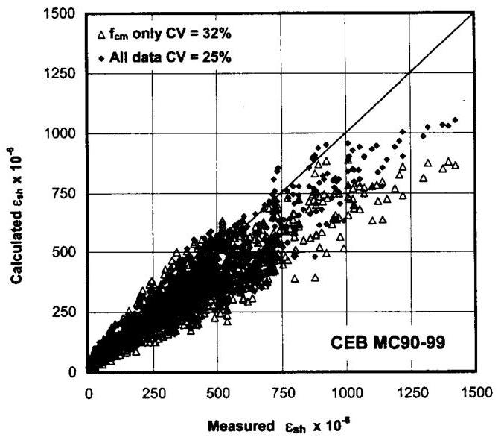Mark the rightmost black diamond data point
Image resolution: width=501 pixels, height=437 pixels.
coord(455,119)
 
